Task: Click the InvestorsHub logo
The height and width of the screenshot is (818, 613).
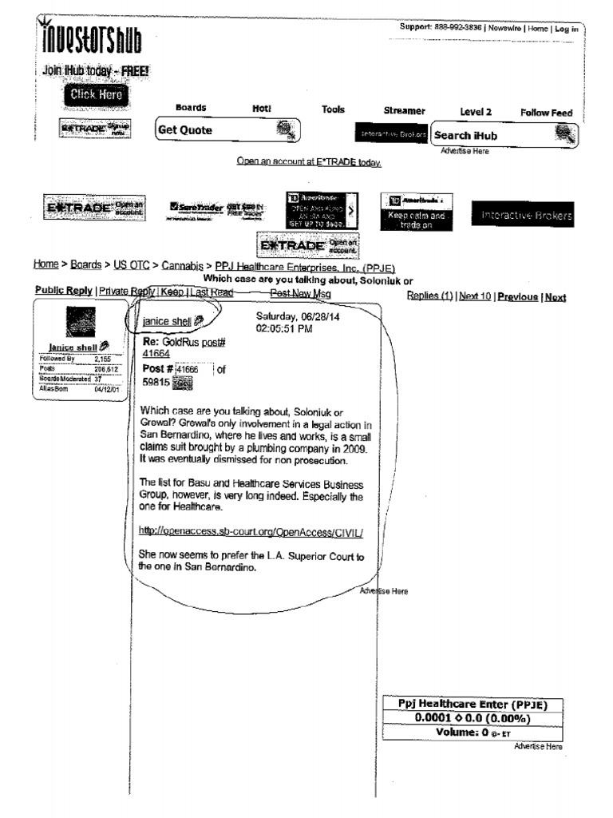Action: [89, 38]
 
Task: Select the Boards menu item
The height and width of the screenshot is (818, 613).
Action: [191, 108]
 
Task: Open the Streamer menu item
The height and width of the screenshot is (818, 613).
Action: [405, 111]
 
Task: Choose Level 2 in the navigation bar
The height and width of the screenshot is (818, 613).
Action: [476, 113]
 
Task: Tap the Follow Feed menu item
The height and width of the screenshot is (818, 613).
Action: [547, 113]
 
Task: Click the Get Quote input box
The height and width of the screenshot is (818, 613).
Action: [216, 130]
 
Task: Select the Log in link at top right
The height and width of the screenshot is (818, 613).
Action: [567, 29]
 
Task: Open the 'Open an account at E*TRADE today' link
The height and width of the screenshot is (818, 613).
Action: [309, 162]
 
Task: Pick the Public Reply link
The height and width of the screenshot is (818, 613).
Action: [63, 291]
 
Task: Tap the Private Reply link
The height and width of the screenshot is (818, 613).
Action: [125, 292]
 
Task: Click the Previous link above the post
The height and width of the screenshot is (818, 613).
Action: [517, 297]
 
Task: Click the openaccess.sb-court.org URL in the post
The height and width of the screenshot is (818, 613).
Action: [251, 530]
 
